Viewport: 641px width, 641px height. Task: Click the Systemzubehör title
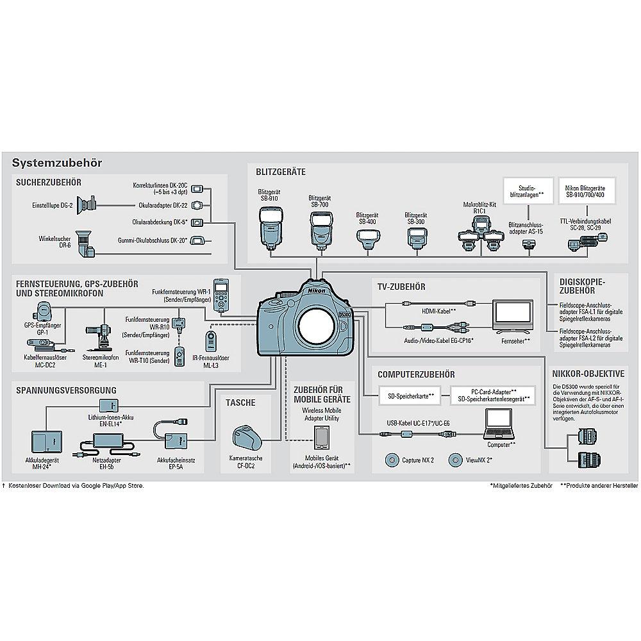pyautogui.click(x=56, y=163)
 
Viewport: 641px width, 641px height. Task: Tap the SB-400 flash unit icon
pyautogui.click(x=367, y=242)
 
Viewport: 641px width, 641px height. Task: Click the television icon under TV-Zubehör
pyautogui.click(x=511, y=315)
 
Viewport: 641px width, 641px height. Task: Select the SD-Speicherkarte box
pyautogui.click(x=408, y=395)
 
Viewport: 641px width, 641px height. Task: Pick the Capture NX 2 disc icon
pyautogui.click(x=393, y=459)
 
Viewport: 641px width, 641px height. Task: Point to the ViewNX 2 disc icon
pyautogui.click(x=456, y=459)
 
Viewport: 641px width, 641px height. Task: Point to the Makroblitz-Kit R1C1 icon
pyautogui.click(x=480, y=234)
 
